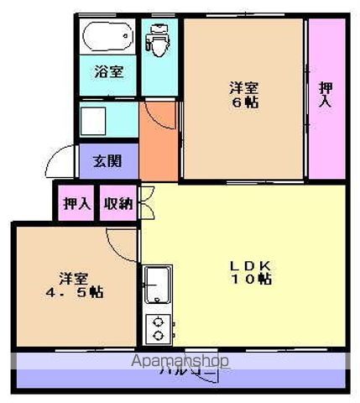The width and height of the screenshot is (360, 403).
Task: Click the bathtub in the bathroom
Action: click(x=108, y=36)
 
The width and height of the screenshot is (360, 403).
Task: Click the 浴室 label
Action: click(x=108, y=72)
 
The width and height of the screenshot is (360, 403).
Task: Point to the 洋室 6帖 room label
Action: click(x=243, y=93)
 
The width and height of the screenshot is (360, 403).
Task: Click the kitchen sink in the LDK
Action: click(x=157, y=286)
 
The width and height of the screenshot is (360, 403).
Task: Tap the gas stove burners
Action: click(x=157, y=328)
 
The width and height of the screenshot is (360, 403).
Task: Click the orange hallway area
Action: click(x=159, y=143)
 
